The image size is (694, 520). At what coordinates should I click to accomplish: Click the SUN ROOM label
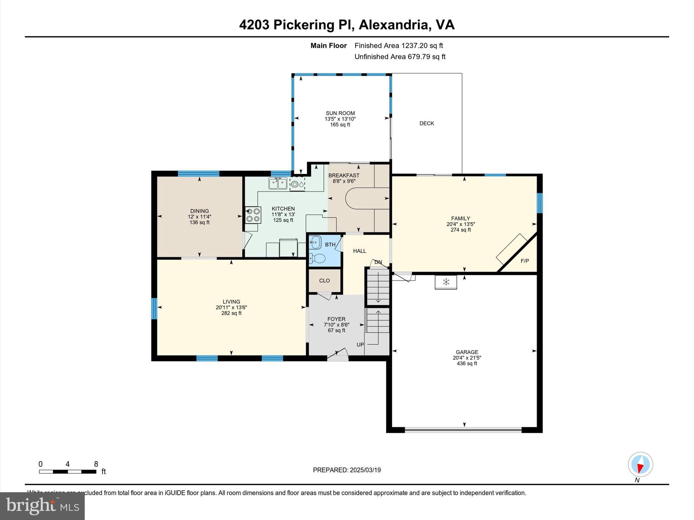(x=340, y=113)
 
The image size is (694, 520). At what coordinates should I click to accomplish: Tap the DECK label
(x=427, y=124)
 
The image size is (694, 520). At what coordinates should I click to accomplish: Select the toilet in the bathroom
(x=318, y=259)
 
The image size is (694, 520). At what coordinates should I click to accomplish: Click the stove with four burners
(x=253, y=215)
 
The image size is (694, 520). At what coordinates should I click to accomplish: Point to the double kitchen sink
(x=278, y=183)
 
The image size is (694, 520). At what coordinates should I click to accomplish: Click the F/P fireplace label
(x=525, y=261)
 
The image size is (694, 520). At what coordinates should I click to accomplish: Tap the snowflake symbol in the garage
(x=446, y=282)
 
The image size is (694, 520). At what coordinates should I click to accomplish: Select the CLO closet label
(x=324, y=281)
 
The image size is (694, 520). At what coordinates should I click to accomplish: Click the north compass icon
(x=640, y=464)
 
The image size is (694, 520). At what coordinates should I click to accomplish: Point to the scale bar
(x=67, y=472)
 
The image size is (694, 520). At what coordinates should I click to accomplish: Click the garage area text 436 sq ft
(x=467, y=364)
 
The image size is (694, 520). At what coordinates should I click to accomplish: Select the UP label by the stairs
(x=360, y=345)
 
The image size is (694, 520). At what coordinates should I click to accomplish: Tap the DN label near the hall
(x=378, y=262)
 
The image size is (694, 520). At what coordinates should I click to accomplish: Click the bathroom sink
(x=315, y=242)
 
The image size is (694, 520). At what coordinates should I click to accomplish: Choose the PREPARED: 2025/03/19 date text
(x=347, y=470)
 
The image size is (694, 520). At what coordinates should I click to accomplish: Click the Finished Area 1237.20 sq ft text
(x=399, y=46)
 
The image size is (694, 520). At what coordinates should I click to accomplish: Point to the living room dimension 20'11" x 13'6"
(x=231, y=307)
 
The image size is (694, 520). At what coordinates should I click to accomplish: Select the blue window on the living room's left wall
(x=154, y=308)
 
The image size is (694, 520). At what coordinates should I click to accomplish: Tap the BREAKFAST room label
(x=344, y=175)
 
